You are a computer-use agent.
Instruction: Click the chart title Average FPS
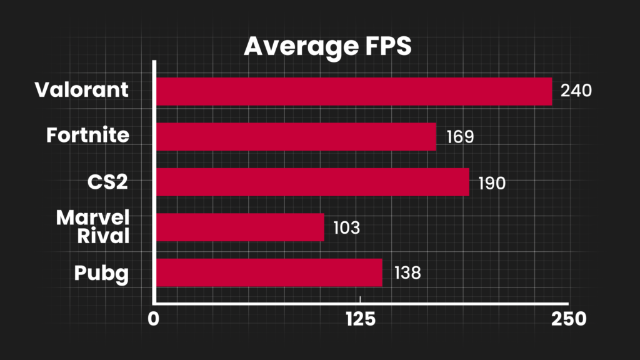point(327,47)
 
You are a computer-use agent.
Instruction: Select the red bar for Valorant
point(354,91)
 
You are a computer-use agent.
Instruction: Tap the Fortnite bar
point(296,137)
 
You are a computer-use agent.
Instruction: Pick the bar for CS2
point(312,182)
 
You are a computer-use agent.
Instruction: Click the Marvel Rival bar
point(240,227)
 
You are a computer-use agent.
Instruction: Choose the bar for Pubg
point(269,272)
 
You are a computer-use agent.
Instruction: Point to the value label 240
point(576,91)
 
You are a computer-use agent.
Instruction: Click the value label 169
point(460,137)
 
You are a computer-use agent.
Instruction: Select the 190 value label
point(492,184)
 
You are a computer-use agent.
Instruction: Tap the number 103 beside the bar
point(347,227)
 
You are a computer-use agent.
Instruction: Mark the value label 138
point(407,273)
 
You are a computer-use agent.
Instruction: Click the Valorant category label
point(81,89)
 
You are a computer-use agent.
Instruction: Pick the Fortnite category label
point(88,134)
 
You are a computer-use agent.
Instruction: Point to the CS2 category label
point(108,182)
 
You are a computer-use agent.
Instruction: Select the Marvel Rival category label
point(92,227)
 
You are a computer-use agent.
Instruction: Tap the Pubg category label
point(101,274)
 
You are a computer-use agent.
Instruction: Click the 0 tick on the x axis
point(154,319)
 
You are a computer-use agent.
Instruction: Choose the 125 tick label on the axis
point(359,319)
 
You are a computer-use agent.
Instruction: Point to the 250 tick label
point(568,319)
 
